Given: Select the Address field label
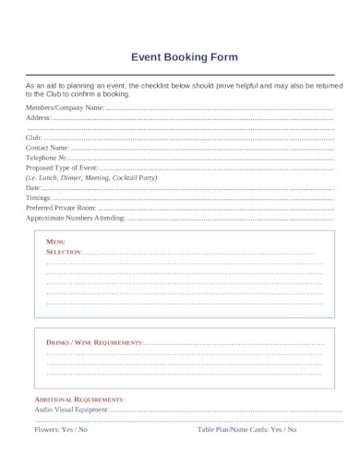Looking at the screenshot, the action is coord(39,118).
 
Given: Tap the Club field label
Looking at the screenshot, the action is coord(34,137).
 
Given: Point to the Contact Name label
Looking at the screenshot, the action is coord(47,148).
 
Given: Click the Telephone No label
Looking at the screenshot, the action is coord(46,158).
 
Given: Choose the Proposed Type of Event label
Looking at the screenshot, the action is coord(62,168).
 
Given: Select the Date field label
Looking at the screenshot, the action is coord(33,188).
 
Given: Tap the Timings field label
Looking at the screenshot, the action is coord(39,198).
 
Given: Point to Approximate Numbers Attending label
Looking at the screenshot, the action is coord(75,219).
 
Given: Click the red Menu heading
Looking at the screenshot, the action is coord(55,241).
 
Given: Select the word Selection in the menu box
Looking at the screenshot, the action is coord(64,251).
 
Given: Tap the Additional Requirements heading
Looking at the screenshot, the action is coord(79,399).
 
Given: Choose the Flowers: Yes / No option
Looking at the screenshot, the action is coord(61,430).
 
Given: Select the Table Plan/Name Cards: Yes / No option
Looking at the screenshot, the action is coord(247,430).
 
